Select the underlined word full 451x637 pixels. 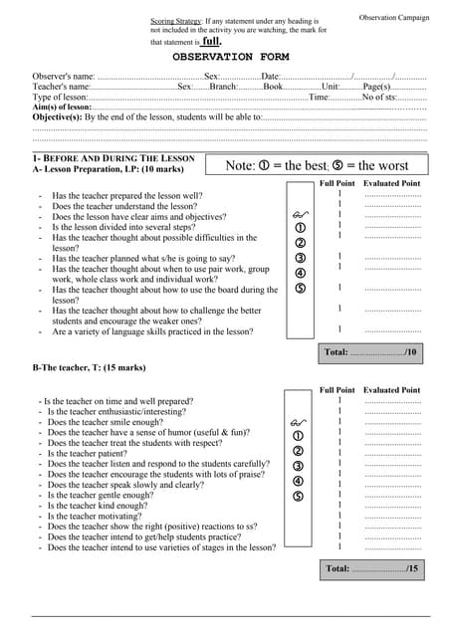(x=211, y=42)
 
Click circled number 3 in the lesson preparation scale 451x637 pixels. (x=301, y=259)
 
